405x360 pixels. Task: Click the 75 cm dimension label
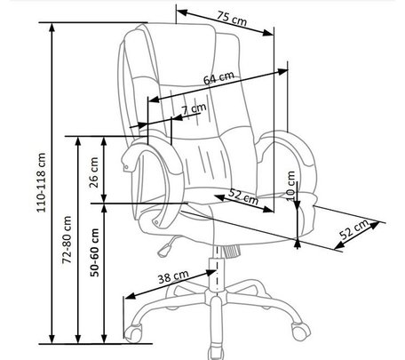(232, 19)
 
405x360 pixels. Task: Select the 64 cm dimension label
(218, 78)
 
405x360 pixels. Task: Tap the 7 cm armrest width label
(194, 108)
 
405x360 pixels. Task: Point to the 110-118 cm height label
(41, 182)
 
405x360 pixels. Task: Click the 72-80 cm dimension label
(67, 240)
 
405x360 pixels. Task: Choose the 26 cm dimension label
(93, 172)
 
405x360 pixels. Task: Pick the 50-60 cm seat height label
(94, 252)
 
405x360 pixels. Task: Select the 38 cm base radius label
(173, 276)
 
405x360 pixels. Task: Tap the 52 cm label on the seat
(243, 196)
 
